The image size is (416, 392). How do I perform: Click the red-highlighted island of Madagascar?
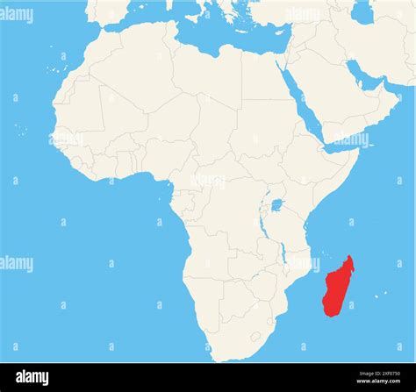(337, 288)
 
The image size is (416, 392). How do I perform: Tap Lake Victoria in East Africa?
(277, 205)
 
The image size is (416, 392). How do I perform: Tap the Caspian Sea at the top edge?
(361, 11)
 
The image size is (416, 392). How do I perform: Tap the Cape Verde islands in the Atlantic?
(20, 129)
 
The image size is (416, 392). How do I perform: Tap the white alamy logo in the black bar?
(32, 377)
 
